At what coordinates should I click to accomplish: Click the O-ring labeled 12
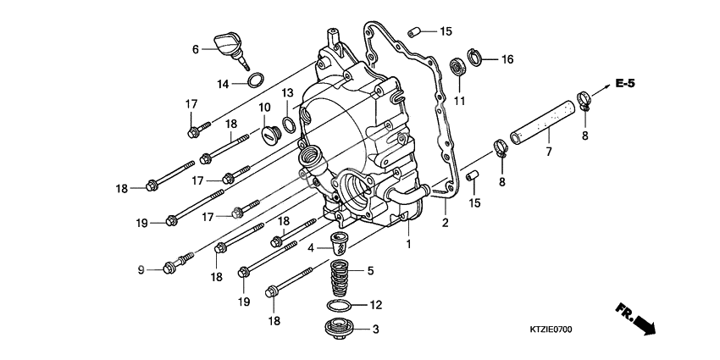pyautogui.click(x=340, y=305)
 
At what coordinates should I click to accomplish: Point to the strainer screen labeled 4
pyautogui.click(x=341, y=244)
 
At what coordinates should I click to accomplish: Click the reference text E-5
pyautogui.click(x=626, y=83)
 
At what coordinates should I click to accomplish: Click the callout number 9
pyautogui.click(x=141, y=269)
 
